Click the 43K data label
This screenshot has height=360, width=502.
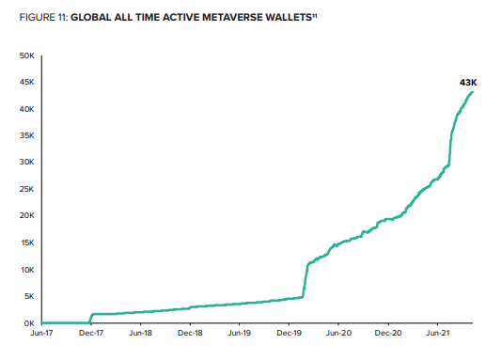point(467,84)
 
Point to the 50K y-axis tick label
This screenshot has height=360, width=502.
point(27,56)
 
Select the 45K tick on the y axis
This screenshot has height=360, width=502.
point(27,83)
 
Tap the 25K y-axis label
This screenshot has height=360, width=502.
point(27,189)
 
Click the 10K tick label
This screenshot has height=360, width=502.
point(27,270)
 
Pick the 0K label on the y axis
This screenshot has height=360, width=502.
point(29,322)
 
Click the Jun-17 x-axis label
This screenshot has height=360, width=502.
point(42,333)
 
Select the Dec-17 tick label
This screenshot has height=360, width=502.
point(91,333)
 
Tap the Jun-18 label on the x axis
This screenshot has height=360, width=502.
point(141,333)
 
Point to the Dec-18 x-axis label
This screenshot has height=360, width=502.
point(191,333)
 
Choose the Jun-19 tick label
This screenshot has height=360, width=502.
point(240,333)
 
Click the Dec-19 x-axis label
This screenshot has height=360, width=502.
point(290,333)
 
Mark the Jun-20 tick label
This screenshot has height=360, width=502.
point(339,333)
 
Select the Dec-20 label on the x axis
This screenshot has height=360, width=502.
point(389,333)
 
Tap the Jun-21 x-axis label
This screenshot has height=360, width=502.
point(438,333)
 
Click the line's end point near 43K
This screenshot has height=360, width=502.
point(472,91)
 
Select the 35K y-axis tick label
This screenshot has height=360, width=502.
point(27,136)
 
